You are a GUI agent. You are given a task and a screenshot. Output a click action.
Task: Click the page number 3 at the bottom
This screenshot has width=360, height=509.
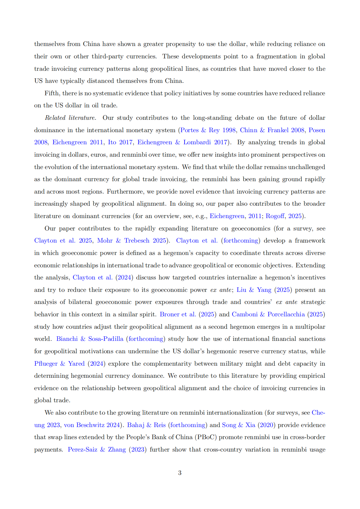[x=180, y=473]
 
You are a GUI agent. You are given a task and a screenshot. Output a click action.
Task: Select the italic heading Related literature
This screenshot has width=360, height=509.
[x=70, y=118]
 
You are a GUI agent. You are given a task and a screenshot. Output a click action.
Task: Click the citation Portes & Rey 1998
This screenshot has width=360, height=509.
[x=208, y=130]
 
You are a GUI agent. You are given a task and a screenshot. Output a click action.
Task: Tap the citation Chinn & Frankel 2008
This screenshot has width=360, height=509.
[x=272, y=130]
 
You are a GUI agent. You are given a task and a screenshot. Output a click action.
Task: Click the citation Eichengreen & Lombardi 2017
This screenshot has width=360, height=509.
[x=182, y=142]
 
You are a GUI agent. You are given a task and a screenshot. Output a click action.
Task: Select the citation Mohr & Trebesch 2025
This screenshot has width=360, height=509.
[x=132, y=240]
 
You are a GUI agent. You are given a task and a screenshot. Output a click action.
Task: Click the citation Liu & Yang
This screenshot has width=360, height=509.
[x=254, y=290]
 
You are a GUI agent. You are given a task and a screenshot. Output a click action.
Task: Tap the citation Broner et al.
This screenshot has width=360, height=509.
[x=178, y=314]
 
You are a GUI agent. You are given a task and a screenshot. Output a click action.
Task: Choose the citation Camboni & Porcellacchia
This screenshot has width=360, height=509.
[x=268, y=314]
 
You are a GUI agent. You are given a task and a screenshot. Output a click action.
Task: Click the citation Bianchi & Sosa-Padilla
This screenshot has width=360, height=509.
[x=90, y=339]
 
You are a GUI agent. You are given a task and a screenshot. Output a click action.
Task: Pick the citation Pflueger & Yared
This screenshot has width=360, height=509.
[x=59, y=364]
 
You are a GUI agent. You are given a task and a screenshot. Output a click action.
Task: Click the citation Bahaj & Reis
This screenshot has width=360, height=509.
[x=146, y=425]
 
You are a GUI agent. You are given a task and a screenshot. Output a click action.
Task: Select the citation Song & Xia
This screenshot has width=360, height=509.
[x=238, y=425]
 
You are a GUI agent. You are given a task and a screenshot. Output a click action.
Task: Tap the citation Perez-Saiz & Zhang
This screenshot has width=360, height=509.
[x=97, y=449]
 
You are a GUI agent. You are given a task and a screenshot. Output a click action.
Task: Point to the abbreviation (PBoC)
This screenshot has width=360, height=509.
[x=205, y=437]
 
